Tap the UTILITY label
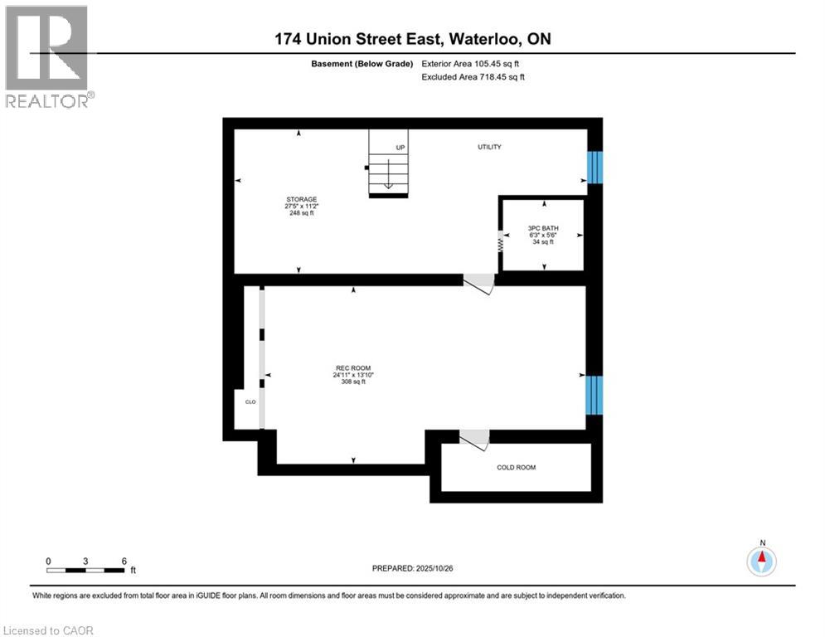488,147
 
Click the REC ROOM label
352,368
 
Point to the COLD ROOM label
516,467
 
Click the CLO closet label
250,402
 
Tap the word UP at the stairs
400,148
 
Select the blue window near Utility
595,167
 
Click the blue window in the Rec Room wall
594,394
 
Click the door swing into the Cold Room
476,440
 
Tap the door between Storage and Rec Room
479,284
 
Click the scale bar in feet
86,570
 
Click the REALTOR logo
46,56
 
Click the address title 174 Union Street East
412,38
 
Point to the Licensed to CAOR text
49,630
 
